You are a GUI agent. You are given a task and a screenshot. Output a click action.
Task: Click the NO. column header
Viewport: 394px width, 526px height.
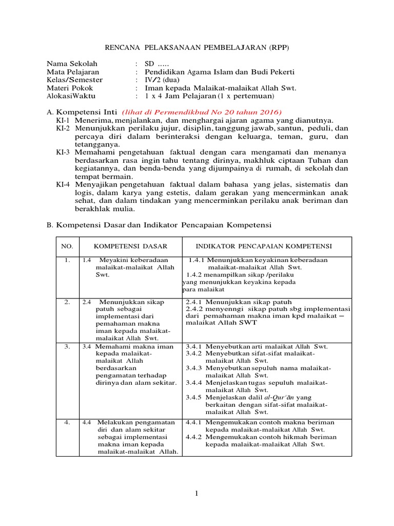click(67, 247)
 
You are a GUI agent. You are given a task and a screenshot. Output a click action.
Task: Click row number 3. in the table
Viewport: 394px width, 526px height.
click(67, 347)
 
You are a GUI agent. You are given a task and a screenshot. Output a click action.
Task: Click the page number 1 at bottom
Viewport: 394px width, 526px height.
click(196, 494)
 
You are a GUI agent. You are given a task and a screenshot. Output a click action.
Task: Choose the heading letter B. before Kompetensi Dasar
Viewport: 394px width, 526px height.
click(50, 225)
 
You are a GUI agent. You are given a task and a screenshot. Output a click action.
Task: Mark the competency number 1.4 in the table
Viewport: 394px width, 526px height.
click(87, 260)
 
